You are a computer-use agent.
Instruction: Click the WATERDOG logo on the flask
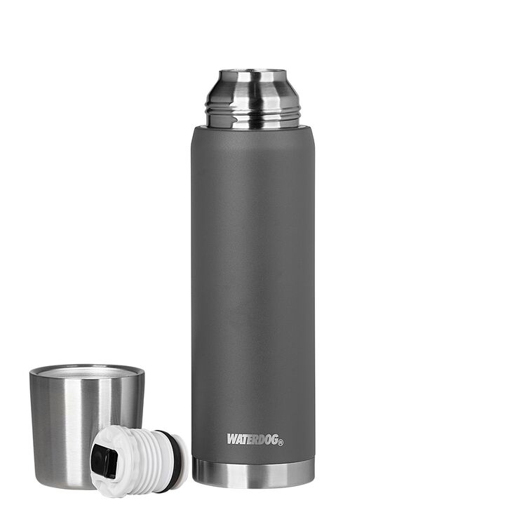click(x=255, y=439)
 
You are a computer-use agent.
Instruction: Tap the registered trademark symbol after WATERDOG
click(x=281, y=443)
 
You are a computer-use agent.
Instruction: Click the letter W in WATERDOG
click(x=232, y=439)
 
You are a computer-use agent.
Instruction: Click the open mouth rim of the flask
click(x=252, y=71)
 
